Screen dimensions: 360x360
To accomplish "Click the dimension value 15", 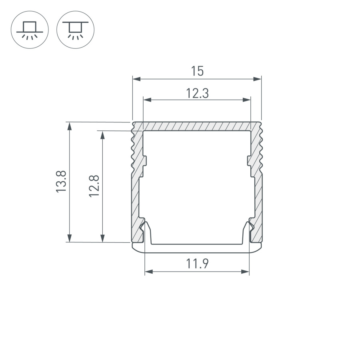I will pos(197,71).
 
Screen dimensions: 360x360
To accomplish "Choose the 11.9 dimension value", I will pos(197,264).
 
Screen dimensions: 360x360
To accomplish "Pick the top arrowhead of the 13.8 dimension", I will pos(70,126).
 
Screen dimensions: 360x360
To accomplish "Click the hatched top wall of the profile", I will pos(197,126).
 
